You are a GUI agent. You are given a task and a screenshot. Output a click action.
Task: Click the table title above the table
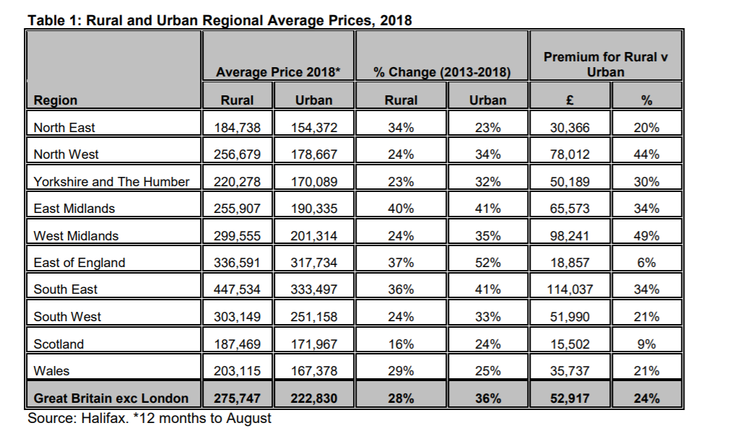coord(219,20)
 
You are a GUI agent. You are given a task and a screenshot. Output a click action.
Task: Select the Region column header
coord(55,100)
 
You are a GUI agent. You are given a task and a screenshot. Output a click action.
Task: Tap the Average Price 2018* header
coord(278,72)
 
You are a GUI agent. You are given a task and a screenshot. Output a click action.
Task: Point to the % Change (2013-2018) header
coord(442,72)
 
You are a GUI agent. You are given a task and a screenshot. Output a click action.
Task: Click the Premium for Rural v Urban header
coord(606,64)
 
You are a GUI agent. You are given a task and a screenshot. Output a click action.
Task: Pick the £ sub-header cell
coord(570,100)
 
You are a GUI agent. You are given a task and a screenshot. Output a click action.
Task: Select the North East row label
coord(64,128)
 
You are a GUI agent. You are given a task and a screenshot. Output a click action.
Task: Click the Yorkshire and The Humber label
coord(111,181)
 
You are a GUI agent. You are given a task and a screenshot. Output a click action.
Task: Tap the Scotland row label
coord(58,344)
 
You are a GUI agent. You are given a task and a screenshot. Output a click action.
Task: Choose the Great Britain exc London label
coord(111,398)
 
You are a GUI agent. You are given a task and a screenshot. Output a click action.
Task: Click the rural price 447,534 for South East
coord(238,289)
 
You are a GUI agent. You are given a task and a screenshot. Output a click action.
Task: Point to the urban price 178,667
coord(314,154)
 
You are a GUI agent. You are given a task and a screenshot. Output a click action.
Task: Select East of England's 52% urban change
coord(488,263)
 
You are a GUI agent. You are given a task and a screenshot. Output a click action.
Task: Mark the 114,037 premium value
coord(570,289)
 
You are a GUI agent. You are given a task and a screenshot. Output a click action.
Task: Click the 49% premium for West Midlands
coord(646,236)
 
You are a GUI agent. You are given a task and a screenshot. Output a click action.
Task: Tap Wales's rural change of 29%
coord(401,371)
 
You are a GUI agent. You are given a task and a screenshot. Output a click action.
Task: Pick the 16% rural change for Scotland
coord(401,344)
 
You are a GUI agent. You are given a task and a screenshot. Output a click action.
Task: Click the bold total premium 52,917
coord(570,398)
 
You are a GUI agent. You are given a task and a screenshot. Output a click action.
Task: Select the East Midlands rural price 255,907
coord(238,209)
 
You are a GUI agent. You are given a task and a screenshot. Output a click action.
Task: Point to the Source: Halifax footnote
coord(149,418)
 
